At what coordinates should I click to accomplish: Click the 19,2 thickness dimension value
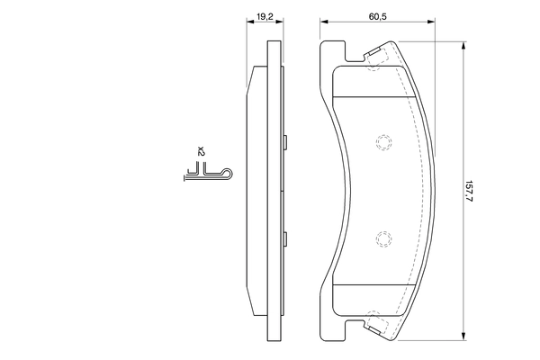[265, 17]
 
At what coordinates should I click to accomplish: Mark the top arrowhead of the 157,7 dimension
[463, 42]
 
